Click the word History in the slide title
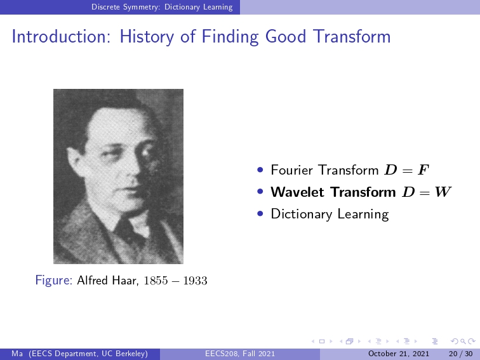(x=147, y=37)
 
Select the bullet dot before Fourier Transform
(x=260, y=170)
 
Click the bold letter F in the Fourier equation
(x=423, y=170)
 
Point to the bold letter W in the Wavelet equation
(x=443, y=192)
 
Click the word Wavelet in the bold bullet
(x=297, y=192)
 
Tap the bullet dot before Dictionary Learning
(x=260, y=214)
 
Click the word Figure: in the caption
(x=53, y=281)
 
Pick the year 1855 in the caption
(x=156, y=281)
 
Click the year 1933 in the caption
(x=196, y=281)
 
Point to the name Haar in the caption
(x=125, y=281)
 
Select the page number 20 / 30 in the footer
(x=461, y=354)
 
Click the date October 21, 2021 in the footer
(x=399, y=354)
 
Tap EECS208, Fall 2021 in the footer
(x=240, y=354)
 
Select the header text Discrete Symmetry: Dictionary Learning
(x=162, y=7)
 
